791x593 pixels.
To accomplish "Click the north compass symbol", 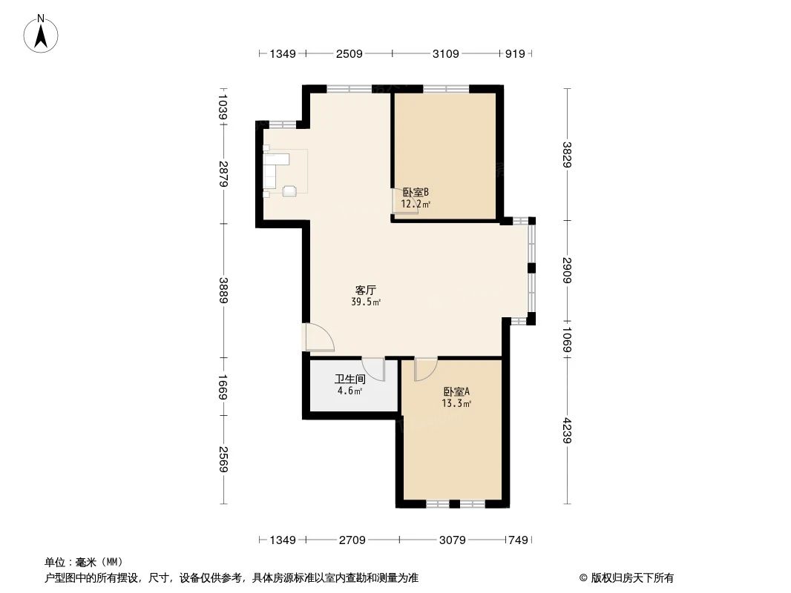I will pyautogui.click(x=42, y=33).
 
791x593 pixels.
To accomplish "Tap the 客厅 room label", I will pyautogui.click(x=364, y=291).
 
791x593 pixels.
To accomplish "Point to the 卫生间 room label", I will pyautogui.click(x=349, y=379).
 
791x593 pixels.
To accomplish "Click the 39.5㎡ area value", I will pyautogui.click(x=366, y=302).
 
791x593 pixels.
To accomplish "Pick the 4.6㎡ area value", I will pyautogui.click(x=349, y=391).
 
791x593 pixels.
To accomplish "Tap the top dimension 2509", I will pyautogui.click(x=349, y=53).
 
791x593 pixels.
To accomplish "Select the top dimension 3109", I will pyautogui.click(x=445, y=53).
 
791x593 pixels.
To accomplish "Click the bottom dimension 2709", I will pyautogui.click(x=352, y=540).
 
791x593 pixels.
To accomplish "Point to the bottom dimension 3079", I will pyautogui.click(x=452, y=540).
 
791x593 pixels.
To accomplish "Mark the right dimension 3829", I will pyautogui.click(x=568, y=154).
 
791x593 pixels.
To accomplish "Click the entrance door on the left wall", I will pyautogui.click(x=318, y=338).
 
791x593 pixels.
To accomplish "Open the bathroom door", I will pyautogui.click(x=373, y=368).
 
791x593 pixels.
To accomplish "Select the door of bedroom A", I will pyautogui.click(x=426, y=368).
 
